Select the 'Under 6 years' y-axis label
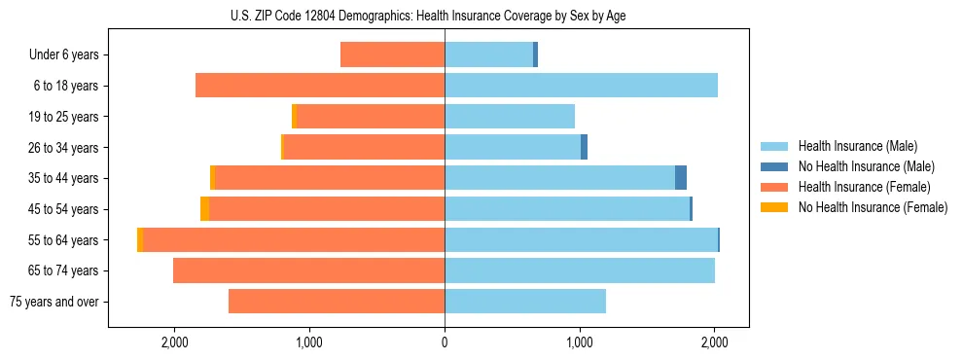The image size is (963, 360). click(x=69, y=55)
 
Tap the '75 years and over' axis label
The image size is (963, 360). click(x=53, y=302)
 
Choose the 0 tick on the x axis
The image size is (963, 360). click(x=445, y=342)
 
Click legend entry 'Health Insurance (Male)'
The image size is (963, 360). click(x=857, y=146)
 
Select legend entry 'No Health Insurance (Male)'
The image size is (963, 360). click(x=866, y=166)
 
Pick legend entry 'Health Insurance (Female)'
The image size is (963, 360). click(x=864, y=187)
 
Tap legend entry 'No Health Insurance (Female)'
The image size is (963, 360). click(x=873, y=207)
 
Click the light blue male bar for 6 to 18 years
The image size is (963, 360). click(x=581, y=86)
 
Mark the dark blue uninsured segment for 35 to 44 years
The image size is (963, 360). click(x=681, y=178)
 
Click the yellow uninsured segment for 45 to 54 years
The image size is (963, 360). click(x=204, y=209)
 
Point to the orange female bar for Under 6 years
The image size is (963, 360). click(x=392, y=55)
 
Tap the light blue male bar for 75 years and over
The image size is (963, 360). click(x=525, y=302)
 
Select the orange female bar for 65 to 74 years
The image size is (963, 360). click(x=308, y=270)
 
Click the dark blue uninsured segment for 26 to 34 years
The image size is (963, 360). click(x=584, y=148)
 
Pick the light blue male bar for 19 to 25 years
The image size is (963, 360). click(x=510, y=117)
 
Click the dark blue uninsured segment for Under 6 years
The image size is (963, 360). click(x=535, y=55)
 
